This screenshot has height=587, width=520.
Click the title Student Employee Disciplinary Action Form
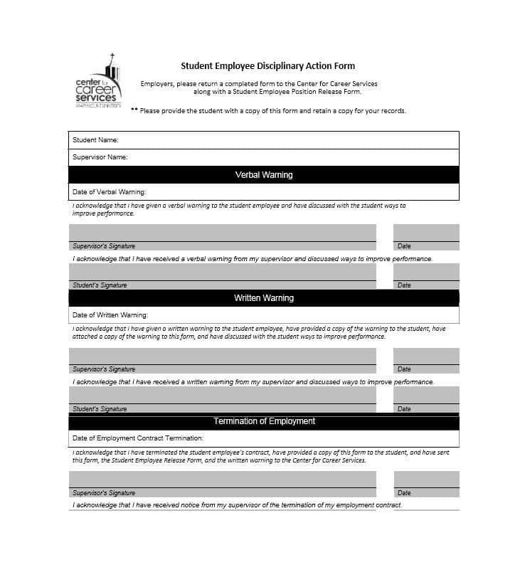[267, 66]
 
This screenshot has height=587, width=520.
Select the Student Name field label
[95, 140]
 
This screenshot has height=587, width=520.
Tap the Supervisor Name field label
[100, 157]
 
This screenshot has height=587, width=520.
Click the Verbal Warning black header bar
[264, 175]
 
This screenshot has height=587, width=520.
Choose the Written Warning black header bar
[264, 298]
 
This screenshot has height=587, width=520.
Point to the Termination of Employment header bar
[264, 421]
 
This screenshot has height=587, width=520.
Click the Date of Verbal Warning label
[109, 192]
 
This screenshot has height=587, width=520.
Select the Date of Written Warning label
[110, 315]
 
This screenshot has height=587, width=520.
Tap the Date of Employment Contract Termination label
[138, 438]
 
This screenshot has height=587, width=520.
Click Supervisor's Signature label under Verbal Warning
[104, 246]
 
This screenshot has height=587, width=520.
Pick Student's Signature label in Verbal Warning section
[100, 285]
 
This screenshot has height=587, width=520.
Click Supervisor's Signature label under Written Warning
[104, 369]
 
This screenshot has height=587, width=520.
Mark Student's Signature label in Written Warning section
[100, 409]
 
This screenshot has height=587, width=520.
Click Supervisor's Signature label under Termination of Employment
[104, 493]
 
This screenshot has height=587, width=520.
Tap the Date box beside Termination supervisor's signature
[426, 483]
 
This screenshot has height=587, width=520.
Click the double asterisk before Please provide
[134, 111]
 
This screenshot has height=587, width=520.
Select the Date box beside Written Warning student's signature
[426, 399]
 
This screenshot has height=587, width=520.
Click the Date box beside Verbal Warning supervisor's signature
[426, 236]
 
